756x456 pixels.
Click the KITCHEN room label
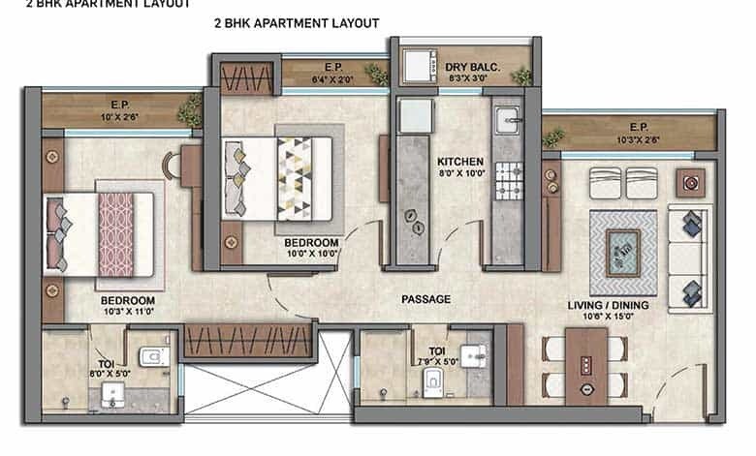[454, 161]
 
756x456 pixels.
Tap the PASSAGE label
[425, 299]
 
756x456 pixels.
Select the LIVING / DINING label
[608, 306]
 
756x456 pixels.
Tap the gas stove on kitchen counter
[508, 177]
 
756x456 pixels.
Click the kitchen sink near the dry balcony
[507, 120]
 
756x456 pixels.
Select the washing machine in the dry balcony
[419, 68]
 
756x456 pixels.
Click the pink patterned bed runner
[116, 232]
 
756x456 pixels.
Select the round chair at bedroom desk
[173, 166]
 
